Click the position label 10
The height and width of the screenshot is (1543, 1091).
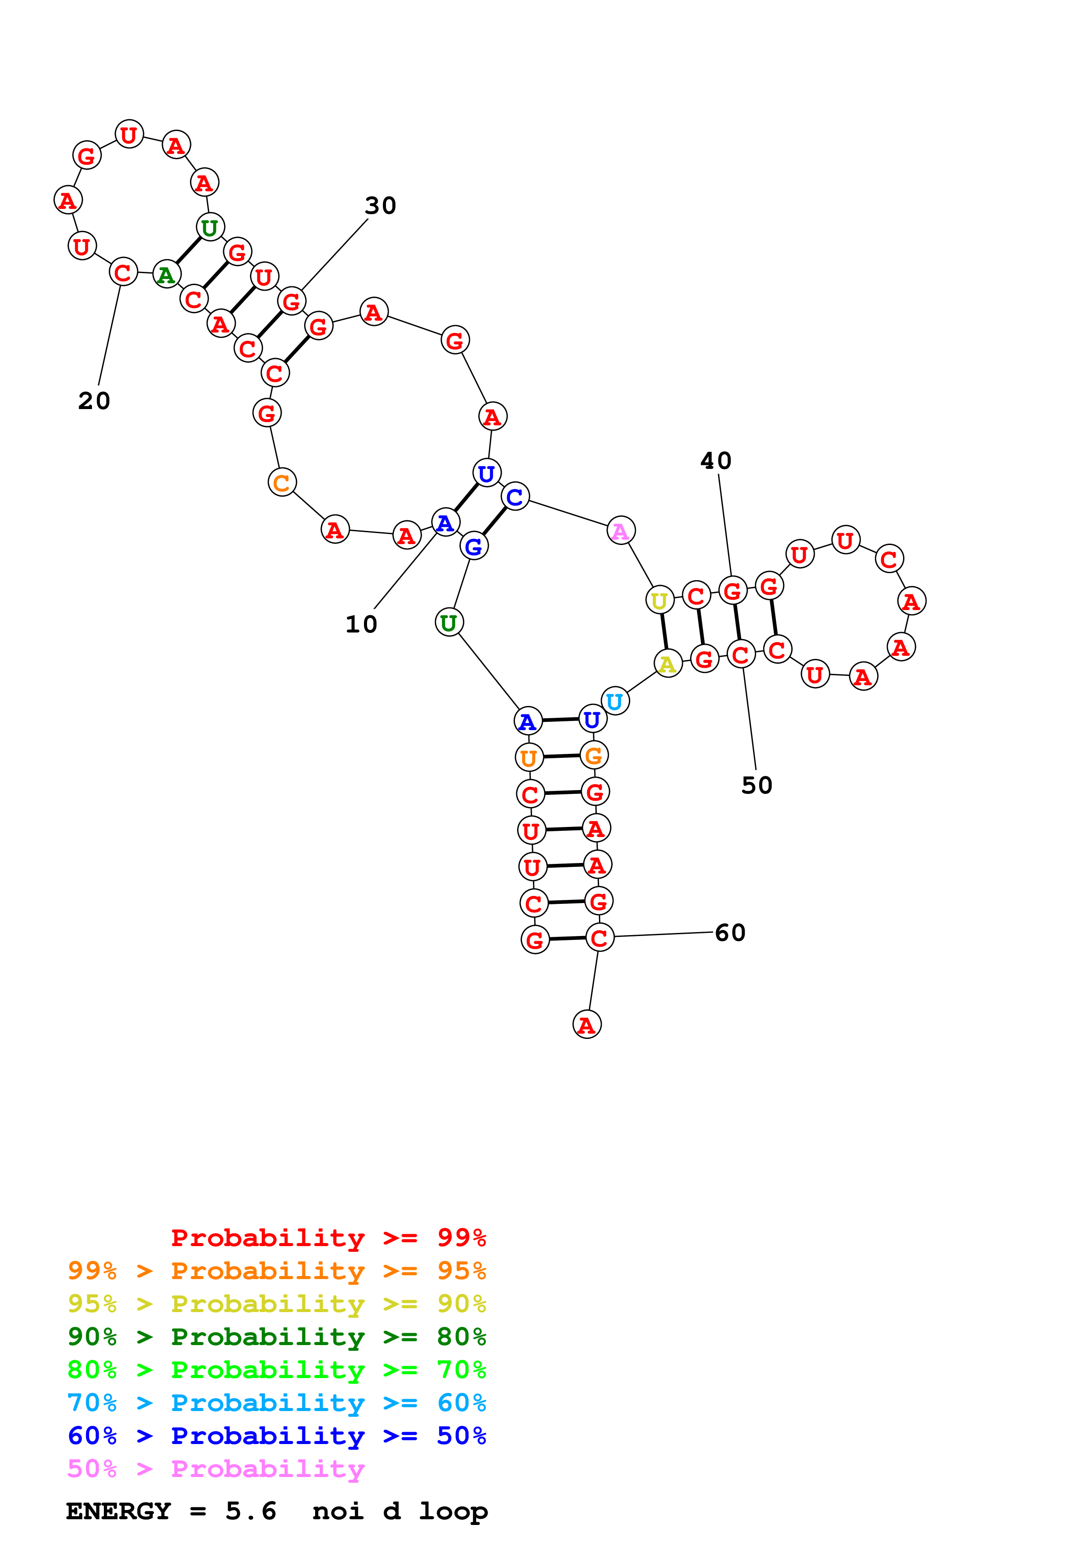click(x=361, y=624)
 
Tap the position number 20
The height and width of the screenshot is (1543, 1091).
click(x=94, y=401)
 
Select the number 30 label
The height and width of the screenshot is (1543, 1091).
click(x=381, y=206)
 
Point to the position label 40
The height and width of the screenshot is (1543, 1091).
click(x=716, y=461)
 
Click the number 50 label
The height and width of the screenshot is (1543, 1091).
click(x=757, y=786)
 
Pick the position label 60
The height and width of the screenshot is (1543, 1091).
click(x=730, y=933)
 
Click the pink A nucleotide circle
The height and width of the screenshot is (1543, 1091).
click(x=621, y=531)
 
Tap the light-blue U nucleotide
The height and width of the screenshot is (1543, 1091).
click(x=614, y=702)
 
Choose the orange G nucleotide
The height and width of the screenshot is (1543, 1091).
click(x=594, y=755)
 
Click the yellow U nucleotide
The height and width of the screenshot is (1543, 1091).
click(x=659, y=600)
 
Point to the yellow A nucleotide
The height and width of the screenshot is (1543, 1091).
click(x=668, y=664)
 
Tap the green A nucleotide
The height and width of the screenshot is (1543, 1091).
click(x=166, y=274)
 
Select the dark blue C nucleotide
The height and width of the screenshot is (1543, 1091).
click(x=515, y=497)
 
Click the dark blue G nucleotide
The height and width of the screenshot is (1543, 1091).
click(x=474, y=546)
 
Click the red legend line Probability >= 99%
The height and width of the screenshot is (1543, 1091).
click(x=328, y=1237)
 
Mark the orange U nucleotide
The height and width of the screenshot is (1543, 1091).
click(x=529, y=758)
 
